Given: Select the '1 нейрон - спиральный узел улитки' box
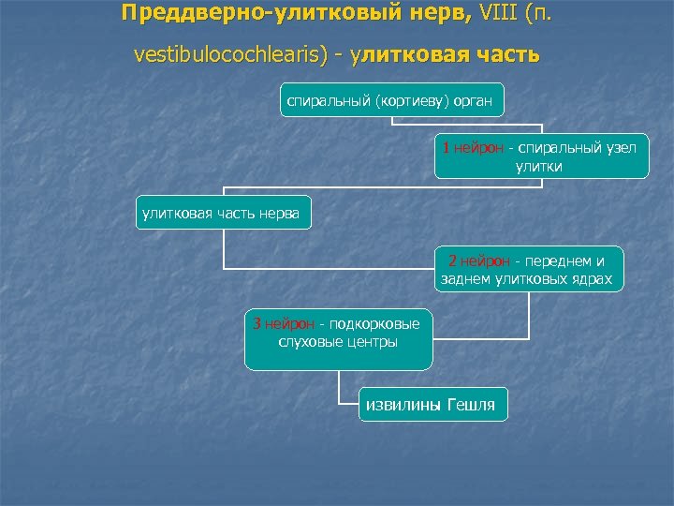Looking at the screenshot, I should [542, 156].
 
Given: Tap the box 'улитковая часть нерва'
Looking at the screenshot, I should [221, 215].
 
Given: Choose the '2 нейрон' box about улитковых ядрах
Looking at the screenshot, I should [528, 270].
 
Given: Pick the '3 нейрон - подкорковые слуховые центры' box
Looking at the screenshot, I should [338, 338].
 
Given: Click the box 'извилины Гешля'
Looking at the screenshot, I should [433, 404].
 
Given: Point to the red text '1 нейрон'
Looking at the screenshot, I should [474, 148].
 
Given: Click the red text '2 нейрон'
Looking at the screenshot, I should [479, 261].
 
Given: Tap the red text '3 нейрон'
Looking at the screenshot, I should [285, 324].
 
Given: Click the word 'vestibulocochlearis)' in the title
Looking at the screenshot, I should [230, 54].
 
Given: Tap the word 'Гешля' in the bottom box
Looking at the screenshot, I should [473, 404].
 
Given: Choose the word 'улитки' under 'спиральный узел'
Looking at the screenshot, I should [539, 166].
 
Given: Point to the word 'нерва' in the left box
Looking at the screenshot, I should [280, 215].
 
